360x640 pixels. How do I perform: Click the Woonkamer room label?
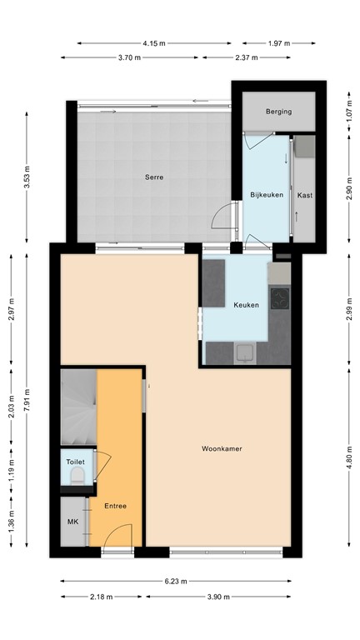pyautogui.click(x=222, y=449)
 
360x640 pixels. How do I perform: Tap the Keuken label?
pyautogui.click(x=246, y=305)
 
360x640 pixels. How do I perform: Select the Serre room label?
pyautogui.click(x=153, y=177)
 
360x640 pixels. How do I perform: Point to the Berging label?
pyautogui.click(x=278, y=112)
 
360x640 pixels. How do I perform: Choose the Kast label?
pyautogui.click(x=304, y=195)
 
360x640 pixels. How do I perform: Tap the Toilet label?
pyautogui.click(x=76, y=461)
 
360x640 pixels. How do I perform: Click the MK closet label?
pyautogui.click(x=72, y=522)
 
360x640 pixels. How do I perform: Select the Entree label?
pyautogui.click(x=115, y=506)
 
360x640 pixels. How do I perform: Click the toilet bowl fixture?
pyautogui.click(x=77, y=476)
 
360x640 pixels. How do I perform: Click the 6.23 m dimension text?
pyautogui.click(x=176, y=582)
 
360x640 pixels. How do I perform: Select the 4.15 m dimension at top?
pyautogui.click(x=153, y=42)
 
